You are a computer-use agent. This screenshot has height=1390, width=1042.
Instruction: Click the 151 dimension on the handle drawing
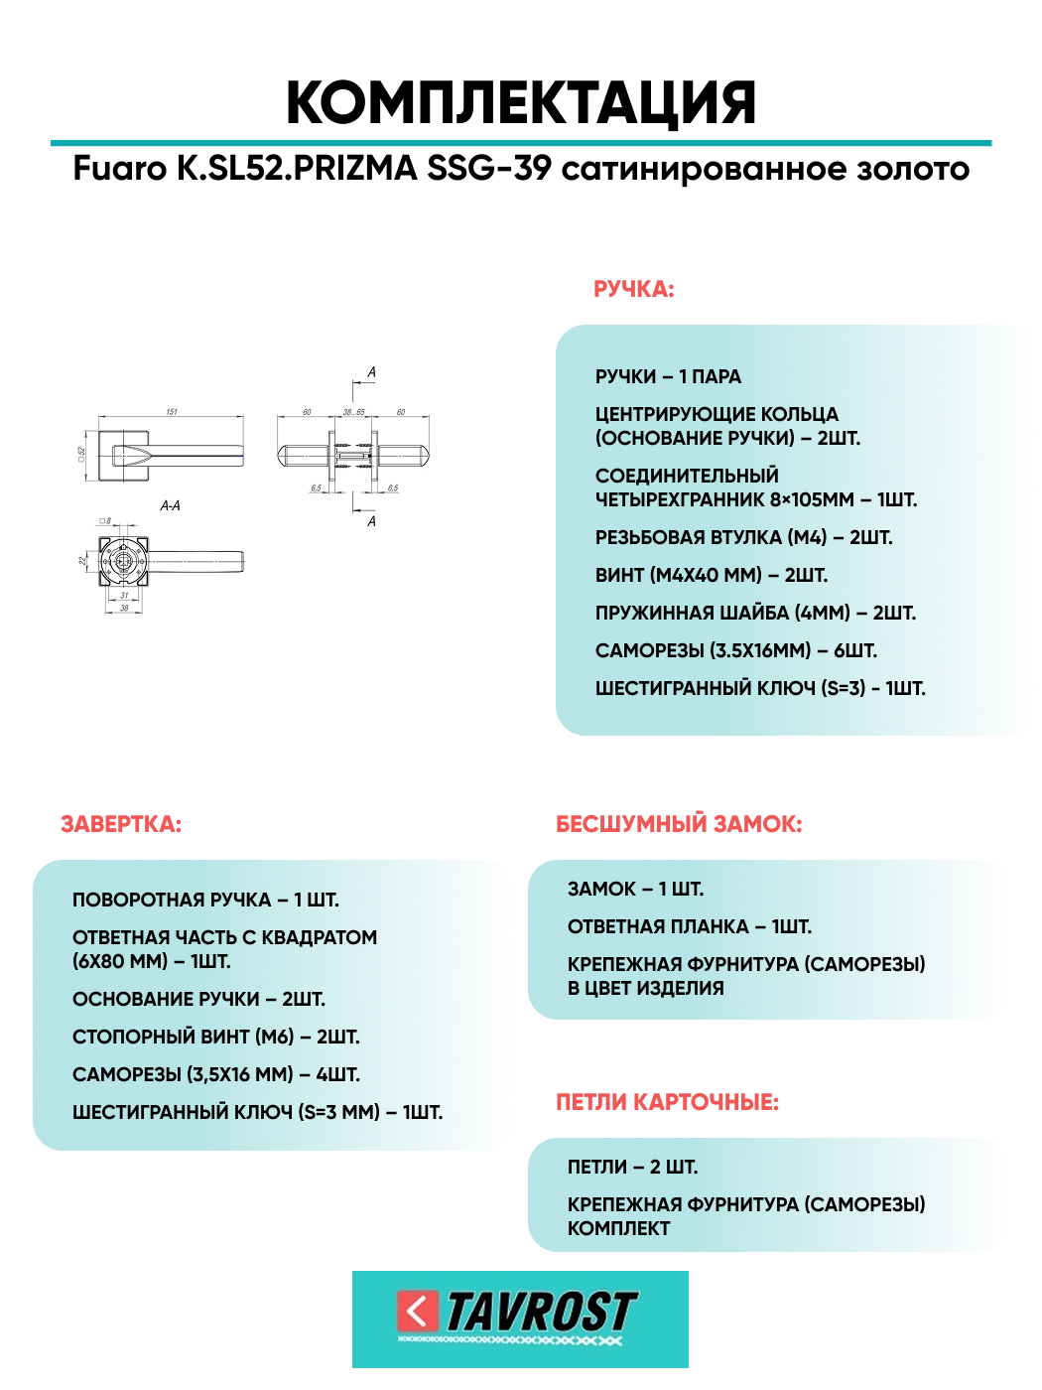pyautogui.click(x=172, y=411)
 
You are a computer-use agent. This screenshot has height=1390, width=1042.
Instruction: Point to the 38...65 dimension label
pyautogui.click(x=353, y=411)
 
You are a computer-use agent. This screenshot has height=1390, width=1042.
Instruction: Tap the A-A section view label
pyautogui.click(x=170, y=505)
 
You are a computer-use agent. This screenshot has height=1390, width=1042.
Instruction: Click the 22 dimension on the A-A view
pyautogui.click(x=83, y=561)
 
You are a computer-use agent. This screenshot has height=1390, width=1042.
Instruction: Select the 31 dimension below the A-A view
pyautogui.click(x=124, y=596)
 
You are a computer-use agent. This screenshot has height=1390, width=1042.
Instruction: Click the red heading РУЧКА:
pyautogui.click(x=633, y=289)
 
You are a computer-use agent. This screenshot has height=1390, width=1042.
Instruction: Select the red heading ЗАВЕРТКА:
pyautogui.click(x=121, y=824)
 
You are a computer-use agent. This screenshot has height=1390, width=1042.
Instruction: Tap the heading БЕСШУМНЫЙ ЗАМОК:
pyautogui.click(x=679, y=824)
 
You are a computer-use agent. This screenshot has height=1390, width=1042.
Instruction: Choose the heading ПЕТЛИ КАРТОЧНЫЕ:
pyautogui.click(x=667, y=1102)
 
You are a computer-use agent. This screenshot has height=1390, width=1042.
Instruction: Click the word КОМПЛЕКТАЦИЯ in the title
pyautogui.click(x=521, y=102)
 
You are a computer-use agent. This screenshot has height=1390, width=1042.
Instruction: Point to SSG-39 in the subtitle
pyautogui.click(x=489, y=169)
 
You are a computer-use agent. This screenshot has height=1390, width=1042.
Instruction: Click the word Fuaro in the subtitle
pyautogui.click(x=120, y=169)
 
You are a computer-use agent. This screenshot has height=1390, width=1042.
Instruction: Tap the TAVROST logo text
pyautogui.click(x=541, y=1313)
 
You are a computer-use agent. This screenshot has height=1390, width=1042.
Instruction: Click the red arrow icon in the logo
pyautogui.click(x=418, y=1312)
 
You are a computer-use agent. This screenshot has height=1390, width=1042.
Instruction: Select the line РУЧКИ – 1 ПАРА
pyautogui.click(x=668, y=376)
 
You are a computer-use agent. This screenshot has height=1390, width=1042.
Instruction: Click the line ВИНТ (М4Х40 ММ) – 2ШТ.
pyautogui.click(x=711, y=575)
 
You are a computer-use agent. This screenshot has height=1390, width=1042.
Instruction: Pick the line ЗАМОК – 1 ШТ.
pyautogui.click(x=635, y=889)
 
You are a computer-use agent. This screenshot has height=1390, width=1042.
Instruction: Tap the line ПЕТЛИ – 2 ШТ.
pyautogui.click(x=632, y=1167)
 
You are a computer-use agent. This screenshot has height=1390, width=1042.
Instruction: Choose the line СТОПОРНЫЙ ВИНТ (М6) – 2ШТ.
pyautogui.click(x=215, y=1037)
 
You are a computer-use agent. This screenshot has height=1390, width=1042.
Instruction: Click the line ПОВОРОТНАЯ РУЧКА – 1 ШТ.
pyautogui.click(x=205, y=900)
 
